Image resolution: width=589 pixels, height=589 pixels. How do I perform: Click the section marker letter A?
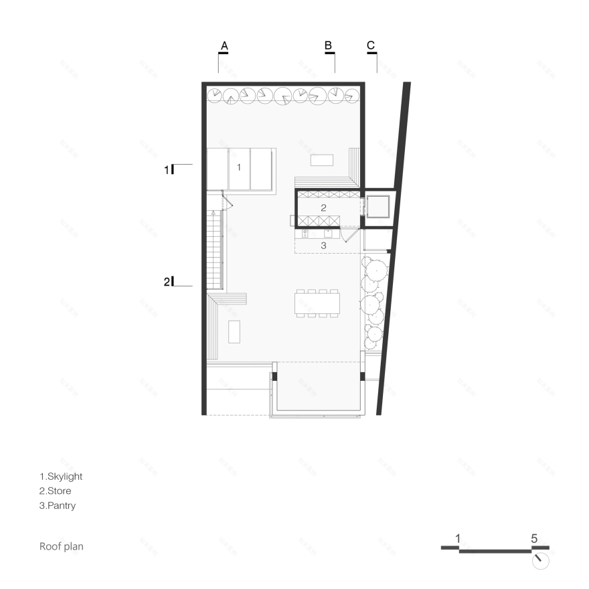pyautogui.click(x=225, y=46)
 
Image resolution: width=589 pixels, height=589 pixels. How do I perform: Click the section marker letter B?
pyautogui.click(x=329, y=46)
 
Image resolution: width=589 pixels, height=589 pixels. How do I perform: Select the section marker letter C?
pyautogui.click(x=371, y=46)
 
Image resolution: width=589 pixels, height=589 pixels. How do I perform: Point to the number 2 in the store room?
pyautogui.click(x=323, y=207)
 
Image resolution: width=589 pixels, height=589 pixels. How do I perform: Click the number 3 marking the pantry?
pyautogui.click(x=323, y=246)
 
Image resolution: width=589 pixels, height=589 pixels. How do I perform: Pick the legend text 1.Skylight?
pyautogui.click(x=61, y=477)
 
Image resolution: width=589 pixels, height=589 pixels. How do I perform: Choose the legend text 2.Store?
pyautogui.click(x=56, y=491)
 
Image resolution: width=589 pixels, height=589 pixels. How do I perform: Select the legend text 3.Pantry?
pyautogui.click(x=58, y=506)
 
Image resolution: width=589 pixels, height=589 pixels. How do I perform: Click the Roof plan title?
pyautogui.click(x=62, y=547)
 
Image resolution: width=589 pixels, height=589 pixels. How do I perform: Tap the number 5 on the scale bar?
pyautogui.click(x=534, y=538)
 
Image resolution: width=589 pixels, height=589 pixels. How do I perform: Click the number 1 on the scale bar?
pyautogui.click(x=457, y=538)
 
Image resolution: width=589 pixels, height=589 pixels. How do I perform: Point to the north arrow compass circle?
pyautogui.click(x=540, y=560)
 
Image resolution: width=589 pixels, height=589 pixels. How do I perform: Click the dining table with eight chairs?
pyautogui.click(x=317, y=303)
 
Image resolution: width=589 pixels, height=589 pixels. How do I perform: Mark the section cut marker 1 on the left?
pyautogui.click(x=167, y=170)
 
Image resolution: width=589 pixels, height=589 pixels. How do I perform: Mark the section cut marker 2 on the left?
pyautogui.click(x=167, y=282)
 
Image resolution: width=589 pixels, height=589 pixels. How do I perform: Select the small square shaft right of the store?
pyautogui.click(x=378, y=207)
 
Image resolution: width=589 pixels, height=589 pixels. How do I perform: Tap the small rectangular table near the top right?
pyautogui.click(x=322, y=161)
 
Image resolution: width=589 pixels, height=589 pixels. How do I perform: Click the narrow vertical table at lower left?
pyautogui.click(x=234, y=331)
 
